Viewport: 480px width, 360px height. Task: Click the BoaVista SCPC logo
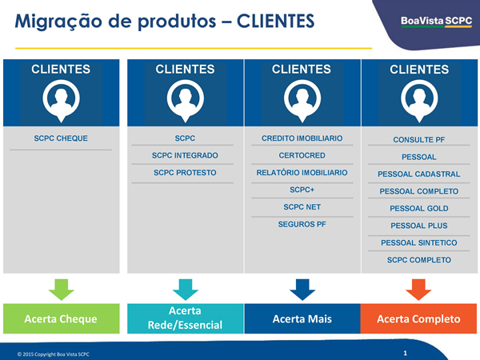[x=436, y=22]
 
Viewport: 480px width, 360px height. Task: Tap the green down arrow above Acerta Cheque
[x=62, y=290]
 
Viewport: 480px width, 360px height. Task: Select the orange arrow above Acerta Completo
[x=418, y=290]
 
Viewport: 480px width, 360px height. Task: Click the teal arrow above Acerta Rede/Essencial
[x=186, y=290]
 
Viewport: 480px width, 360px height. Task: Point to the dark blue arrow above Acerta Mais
[x=302, y=290]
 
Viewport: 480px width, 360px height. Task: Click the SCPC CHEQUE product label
[x=61, y=138]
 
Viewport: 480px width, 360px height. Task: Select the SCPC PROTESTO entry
[x=185, y=173]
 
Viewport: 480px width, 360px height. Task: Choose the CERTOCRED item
[x=302, y=155]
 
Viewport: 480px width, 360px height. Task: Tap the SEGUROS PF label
[x=302, y=224]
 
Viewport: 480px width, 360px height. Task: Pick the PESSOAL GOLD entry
[x=418, y=209]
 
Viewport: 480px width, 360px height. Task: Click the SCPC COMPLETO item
[x=418, y=260]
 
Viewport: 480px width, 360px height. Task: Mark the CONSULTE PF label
[x=418, y=140]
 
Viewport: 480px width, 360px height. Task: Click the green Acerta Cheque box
[x=62, y=318]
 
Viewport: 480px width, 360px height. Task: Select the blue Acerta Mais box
[x=302, y=318]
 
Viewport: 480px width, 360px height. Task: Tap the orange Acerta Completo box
[x=418, y=318]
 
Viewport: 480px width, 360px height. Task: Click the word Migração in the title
[x=58, y=22]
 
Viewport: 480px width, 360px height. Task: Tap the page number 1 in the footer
[x=405, y=354]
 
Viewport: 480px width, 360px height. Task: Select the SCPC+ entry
[x=302, y=190]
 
